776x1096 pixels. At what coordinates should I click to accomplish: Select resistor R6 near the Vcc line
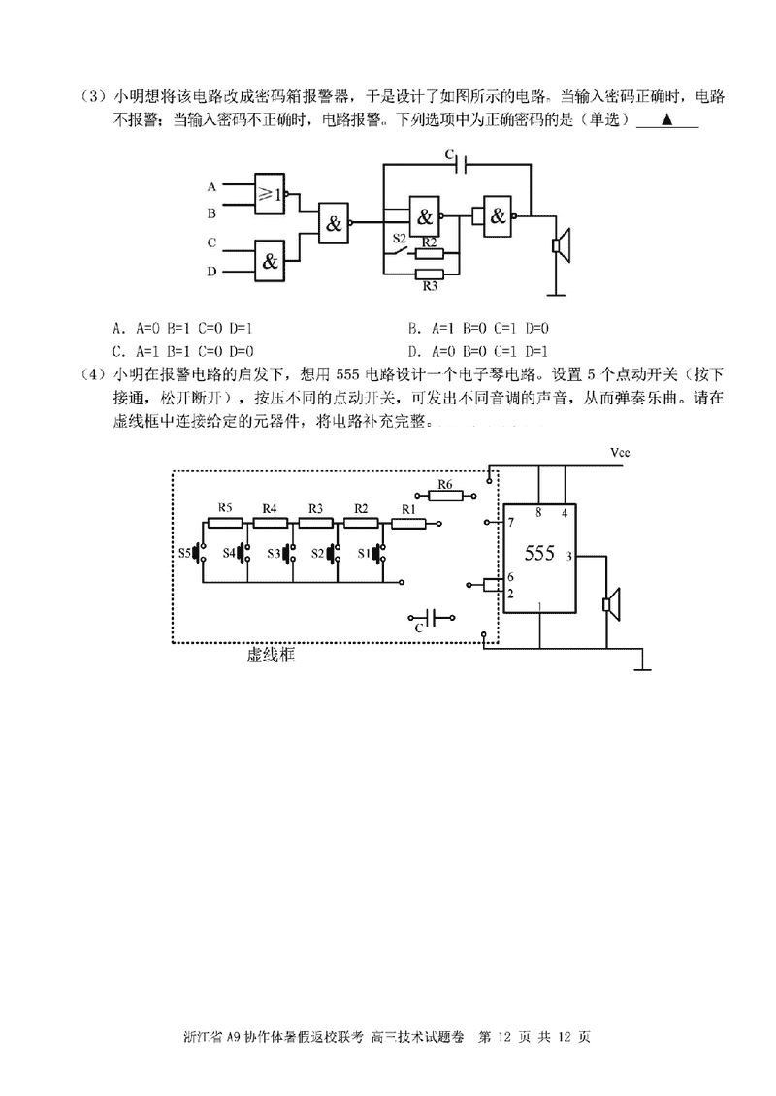coord(445,496)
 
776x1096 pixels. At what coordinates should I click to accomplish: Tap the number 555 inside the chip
coord(539,554)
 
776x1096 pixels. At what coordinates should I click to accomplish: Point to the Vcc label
coord(621,452)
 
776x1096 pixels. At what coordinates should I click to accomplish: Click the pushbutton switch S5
coord(200,553)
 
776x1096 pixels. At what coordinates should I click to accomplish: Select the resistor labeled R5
coord(225,522)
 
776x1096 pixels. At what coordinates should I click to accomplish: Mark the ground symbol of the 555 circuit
coord(641,664)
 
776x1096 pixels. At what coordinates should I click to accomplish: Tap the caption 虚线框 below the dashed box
coord(271,657)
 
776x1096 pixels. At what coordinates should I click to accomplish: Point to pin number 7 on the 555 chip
coord(510,524)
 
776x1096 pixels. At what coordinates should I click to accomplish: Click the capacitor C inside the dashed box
coord(434,617)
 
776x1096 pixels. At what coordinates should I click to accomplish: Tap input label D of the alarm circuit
coord(211,272)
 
